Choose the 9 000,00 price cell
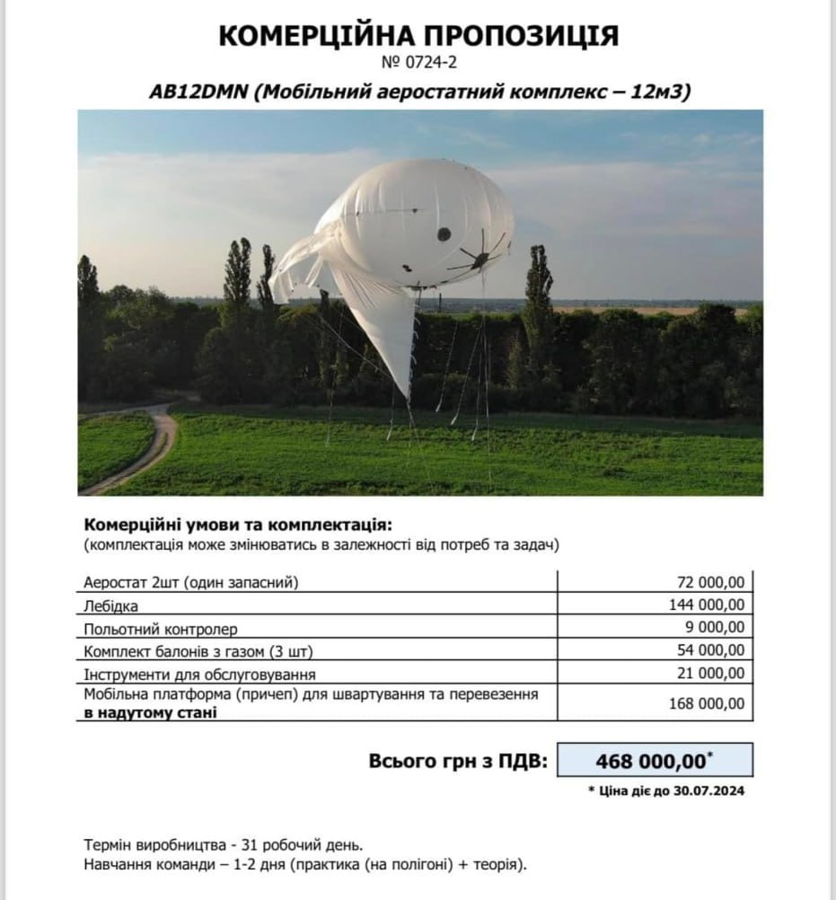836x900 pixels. click(x=712, y=627)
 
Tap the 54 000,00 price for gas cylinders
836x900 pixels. click(x=707, y=650)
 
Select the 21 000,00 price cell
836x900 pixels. click(x=707, y=673)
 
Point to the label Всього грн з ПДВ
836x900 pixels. click(x=457, y=762)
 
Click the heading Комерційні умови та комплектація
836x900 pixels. click(x=238, y=525)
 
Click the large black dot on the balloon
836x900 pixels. click(x=444, y=234)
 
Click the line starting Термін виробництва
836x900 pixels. click(x=224, y=846)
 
